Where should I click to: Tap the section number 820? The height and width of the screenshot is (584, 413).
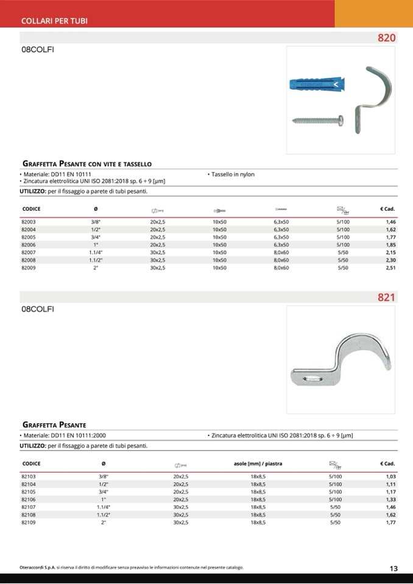(x=386, y=38)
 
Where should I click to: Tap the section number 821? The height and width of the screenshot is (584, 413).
(x=386, y=298)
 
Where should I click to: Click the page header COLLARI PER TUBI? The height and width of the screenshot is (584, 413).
(x=54, y=21)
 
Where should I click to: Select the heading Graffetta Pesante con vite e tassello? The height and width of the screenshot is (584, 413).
(x=86, y=164)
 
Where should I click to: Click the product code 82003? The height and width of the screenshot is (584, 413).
(x=28, y=222)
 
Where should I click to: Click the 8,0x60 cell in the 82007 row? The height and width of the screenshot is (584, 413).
(x=281, y=252)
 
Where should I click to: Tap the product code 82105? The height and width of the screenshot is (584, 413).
(x=28, y=491)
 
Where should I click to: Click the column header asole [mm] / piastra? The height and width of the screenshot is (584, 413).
(x=258, y=464)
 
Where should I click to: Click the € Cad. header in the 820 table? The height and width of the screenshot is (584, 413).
(x=387, y=209)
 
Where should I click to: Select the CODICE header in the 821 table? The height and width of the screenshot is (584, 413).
(x=31, y=464)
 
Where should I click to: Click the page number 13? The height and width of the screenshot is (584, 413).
(x=394, y=569)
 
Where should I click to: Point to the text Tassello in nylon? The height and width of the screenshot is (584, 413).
(x=232, y=174)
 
